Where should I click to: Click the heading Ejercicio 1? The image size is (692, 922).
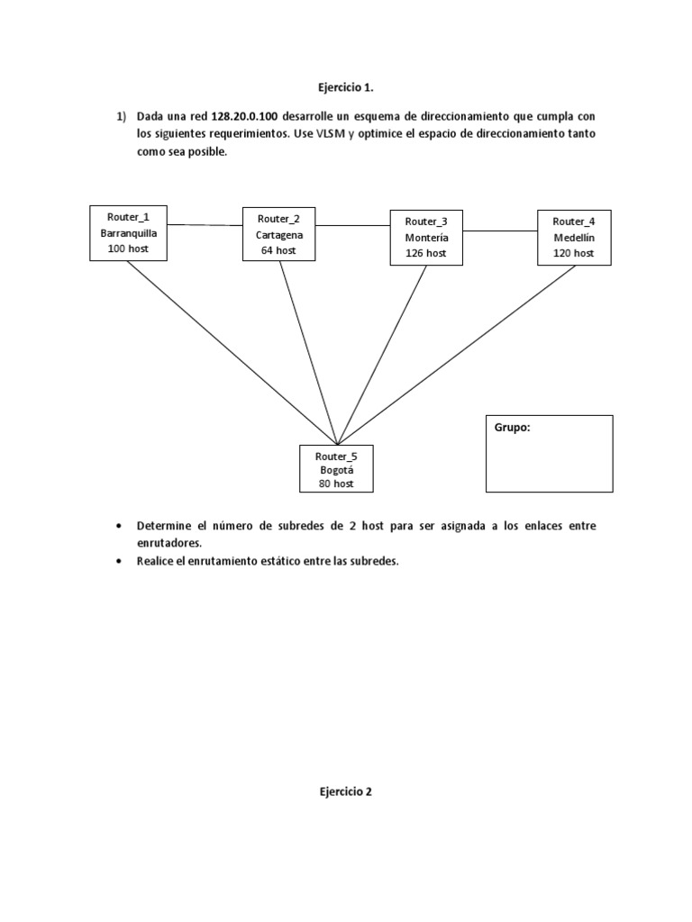(345, 87)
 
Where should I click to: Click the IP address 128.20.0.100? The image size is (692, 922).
(245, 117)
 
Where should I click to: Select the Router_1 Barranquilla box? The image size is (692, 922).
(128, 232)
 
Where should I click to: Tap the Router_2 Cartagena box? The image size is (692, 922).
(279, 234)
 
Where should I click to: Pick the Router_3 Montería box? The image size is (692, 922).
(425, 237)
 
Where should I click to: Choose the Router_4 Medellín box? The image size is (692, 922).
(574, 237)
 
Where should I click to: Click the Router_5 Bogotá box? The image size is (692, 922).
(336, 469)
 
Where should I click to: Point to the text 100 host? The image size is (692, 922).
(128, 249)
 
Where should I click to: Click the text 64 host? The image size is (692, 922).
(279, 250)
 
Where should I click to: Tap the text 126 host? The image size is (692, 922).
(425, 253)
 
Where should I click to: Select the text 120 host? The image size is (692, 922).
(574, 253)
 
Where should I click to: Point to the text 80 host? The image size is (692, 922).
(336, 484)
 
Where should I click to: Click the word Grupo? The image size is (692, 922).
(513, 428)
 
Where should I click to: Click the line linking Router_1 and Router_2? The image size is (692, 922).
(205, 225)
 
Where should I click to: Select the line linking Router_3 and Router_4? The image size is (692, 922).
(499, 231)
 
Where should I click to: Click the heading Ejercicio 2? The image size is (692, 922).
(345, 792)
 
